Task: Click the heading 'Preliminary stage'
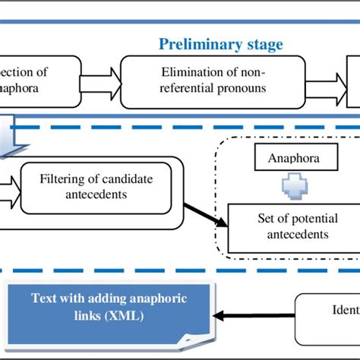[x=220, y=44]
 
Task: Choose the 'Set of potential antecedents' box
[x=292, y=227]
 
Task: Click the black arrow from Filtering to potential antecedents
[x=204, y=209]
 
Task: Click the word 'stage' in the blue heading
[x=263, y=44]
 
